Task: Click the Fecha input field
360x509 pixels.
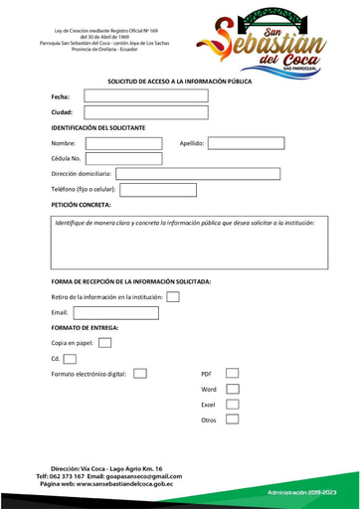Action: (146, 96)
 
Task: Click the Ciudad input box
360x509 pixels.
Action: (146, 112)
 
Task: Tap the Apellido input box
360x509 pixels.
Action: (246, 143)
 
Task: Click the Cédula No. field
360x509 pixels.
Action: (123, 158)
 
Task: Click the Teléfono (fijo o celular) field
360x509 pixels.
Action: (157, 190)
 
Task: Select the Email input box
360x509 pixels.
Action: (116, 313)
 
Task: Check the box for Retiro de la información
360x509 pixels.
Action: (173, 296)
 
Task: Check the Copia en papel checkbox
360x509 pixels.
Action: (105, 343)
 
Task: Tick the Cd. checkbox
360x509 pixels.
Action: (70, 359)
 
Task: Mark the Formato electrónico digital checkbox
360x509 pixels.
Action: (140, 374)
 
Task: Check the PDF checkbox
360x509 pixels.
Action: (232, 374)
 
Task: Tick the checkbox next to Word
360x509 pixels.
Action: (232, 390)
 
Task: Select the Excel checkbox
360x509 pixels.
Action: (232, 405)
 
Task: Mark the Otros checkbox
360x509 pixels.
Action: (232, 420)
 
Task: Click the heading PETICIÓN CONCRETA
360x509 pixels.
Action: (82, 205)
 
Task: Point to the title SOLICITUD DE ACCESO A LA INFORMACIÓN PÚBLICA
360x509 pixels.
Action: (179, 81)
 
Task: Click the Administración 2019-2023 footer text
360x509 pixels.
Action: (302, 493)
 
